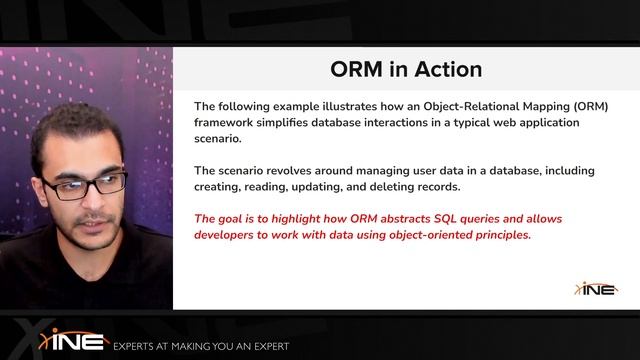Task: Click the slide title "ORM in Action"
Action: (x=406, y=69)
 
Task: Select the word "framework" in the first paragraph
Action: (x=227, y=123)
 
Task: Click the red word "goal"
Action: (x=234, y=219)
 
